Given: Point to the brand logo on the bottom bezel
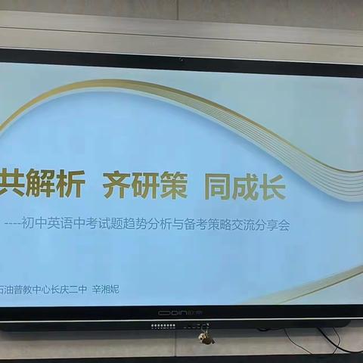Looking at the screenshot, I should click(x=181, y=312).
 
